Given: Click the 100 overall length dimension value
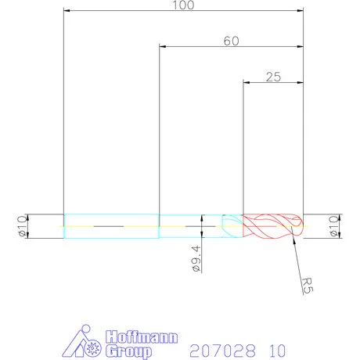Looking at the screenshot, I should [x=182, y=5].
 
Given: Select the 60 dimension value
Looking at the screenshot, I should [x=230, y=41].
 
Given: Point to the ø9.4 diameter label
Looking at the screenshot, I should [x=195, y=257].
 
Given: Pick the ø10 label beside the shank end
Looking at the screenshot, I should [x=23, y=225].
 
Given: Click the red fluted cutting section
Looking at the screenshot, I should [x=270, y=225].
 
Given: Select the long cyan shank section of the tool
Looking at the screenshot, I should [x=110, y=225].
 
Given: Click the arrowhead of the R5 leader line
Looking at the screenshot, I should [x=293, y=239].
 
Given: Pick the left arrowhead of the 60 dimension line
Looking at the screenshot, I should [x=163, y=46].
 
